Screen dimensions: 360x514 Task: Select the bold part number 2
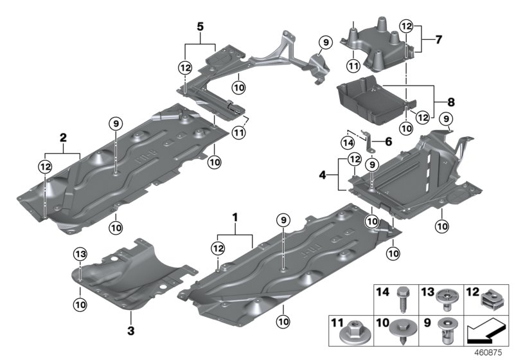(63, 137)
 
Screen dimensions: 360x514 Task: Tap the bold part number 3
(130, 331)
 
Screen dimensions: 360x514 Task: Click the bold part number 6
(389, 141)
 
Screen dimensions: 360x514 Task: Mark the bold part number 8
(450, 102)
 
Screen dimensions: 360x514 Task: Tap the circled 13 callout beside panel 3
(79, 255)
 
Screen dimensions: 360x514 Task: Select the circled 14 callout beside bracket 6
(347, 142)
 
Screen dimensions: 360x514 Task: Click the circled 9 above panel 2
(116, 123)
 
